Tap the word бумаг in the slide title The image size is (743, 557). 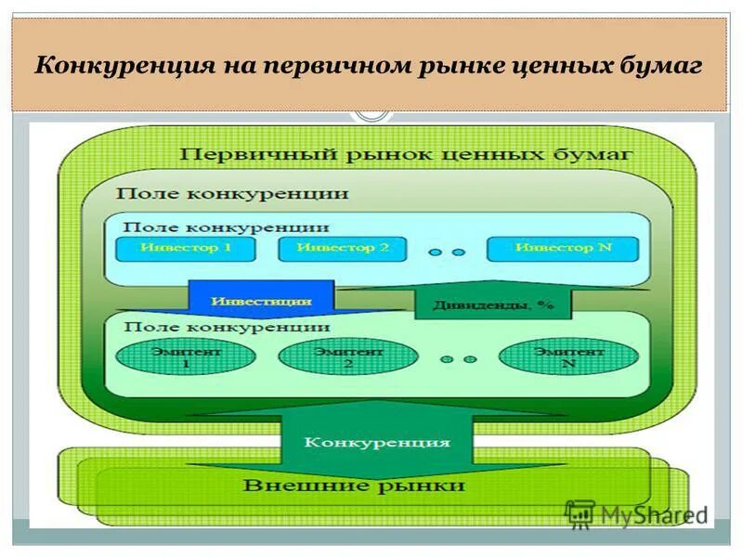coord(664,66)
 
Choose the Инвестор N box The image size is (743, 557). coord(564,248)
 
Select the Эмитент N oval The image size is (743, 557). coord(568,357)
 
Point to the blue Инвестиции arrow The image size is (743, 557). coord(261,301)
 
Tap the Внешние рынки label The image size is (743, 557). coord(354,486)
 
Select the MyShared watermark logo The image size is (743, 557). coord(636,513)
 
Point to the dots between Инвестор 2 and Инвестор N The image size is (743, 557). coord(446,251)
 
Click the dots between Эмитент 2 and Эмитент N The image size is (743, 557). coord(458,359)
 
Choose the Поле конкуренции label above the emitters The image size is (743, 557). coord(227,327)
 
